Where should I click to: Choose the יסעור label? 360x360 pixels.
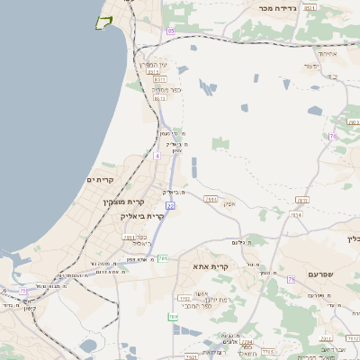312,66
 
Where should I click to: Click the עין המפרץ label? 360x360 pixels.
153,65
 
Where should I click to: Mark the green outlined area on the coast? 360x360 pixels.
104,22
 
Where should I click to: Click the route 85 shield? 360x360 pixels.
170,31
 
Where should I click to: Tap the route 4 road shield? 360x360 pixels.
156,156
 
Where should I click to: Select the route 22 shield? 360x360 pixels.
170,206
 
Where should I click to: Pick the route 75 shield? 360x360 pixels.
22,290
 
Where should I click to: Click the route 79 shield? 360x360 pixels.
292,279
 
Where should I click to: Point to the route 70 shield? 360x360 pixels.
331,137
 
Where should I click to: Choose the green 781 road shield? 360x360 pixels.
163,258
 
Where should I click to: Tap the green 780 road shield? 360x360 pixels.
173,317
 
